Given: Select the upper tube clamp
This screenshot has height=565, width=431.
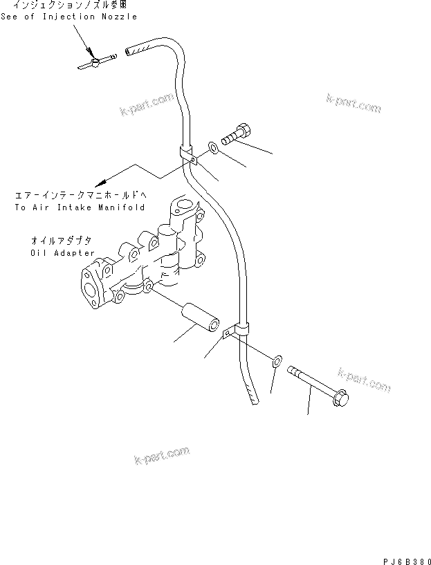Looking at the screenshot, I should click(189, 156).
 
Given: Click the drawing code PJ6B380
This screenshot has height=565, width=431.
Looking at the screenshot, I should click(406, 554).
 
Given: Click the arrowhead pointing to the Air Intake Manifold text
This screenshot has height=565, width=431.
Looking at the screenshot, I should click(102, 183).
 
